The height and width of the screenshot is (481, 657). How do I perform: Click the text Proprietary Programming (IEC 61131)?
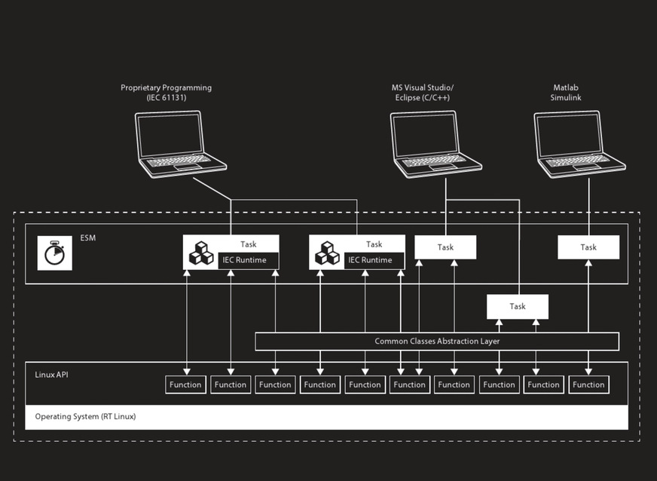(166, 93)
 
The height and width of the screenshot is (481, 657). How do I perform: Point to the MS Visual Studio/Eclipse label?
(422, 93)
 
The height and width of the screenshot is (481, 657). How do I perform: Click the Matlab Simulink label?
(566, 93)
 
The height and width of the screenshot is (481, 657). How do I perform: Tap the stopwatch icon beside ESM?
(54, 253)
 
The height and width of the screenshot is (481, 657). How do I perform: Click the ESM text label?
(88, 239)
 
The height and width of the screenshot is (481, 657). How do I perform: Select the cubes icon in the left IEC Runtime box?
(201, 253)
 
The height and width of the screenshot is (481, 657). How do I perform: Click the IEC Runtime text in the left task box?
(243, 260)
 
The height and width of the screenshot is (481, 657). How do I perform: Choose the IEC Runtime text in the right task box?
(369, 260)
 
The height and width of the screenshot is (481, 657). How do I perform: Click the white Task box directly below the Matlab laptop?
(588, 247)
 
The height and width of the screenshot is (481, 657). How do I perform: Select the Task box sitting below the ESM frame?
(517, 306)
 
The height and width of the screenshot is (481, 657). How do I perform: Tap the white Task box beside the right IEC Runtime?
(445, 247)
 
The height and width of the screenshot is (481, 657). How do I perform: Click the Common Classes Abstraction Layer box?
(437, 342)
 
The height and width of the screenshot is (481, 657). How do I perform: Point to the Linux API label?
(51, 374)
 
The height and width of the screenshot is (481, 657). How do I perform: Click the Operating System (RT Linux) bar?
(326, 416)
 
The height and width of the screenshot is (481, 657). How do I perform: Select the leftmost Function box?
(185, 384)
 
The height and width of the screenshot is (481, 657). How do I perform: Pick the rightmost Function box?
(588, 384)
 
